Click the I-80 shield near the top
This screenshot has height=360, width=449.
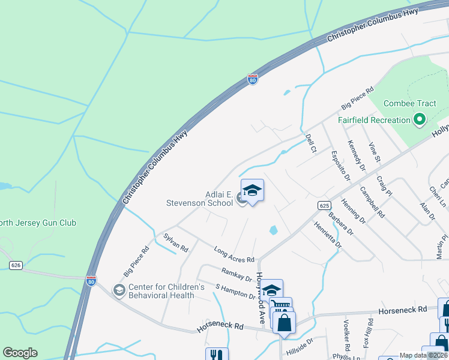253,79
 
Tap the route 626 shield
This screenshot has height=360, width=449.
16,265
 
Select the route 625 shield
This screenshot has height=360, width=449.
324,205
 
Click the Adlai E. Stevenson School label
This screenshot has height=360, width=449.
200,199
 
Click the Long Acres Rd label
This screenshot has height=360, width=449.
234,254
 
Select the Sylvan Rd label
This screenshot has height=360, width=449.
176,242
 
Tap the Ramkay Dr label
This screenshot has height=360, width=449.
237,275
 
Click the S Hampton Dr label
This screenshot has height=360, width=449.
236,290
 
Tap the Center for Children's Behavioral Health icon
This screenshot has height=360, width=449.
119,291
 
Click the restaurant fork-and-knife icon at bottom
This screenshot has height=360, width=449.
217,355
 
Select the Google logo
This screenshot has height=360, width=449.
20,353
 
